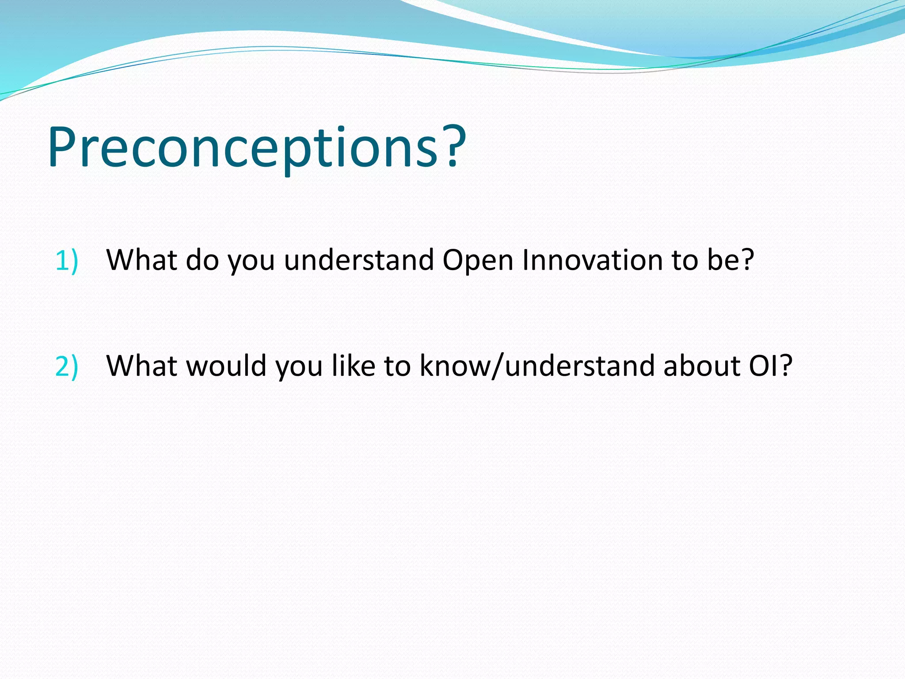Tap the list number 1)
tap(67, 260)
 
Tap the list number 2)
tap(67, 366)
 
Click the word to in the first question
tap(684, 260)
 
